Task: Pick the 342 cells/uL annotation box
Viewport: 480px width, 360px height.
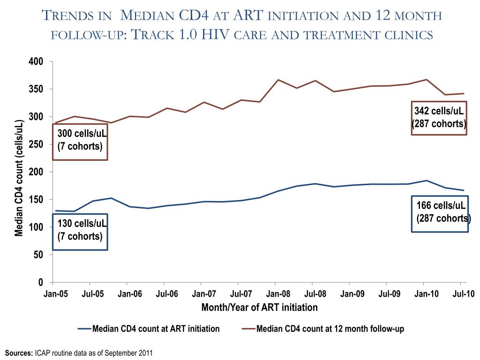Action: pyautogui.click(x=439, y=118)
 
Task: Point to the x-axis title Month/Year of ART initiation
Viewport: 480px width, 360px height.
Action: pyautogui.click(x=259, y=307)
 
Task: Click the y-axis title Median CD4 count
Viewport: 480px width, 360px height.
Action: pyautogui.click(x=19, y=178)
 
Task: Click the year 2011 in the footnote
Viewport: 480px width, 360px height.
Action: pyautogui.click(x=146, y=352)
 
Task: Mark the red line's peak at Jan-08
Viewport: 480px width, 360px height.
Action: pyautogui.click(x=278, y=80)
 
